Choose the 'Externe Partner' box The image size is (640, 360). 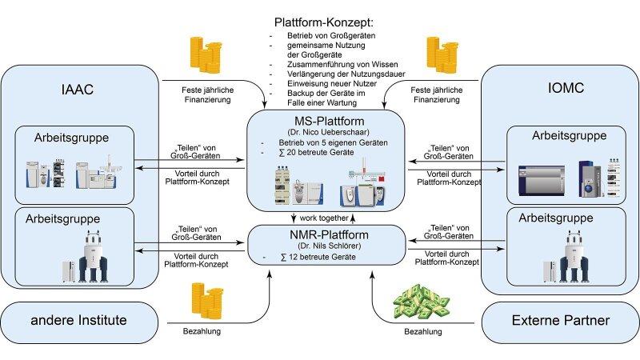560,322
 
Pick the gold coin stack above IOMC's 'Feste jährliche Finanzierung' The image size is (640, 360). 441,56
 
